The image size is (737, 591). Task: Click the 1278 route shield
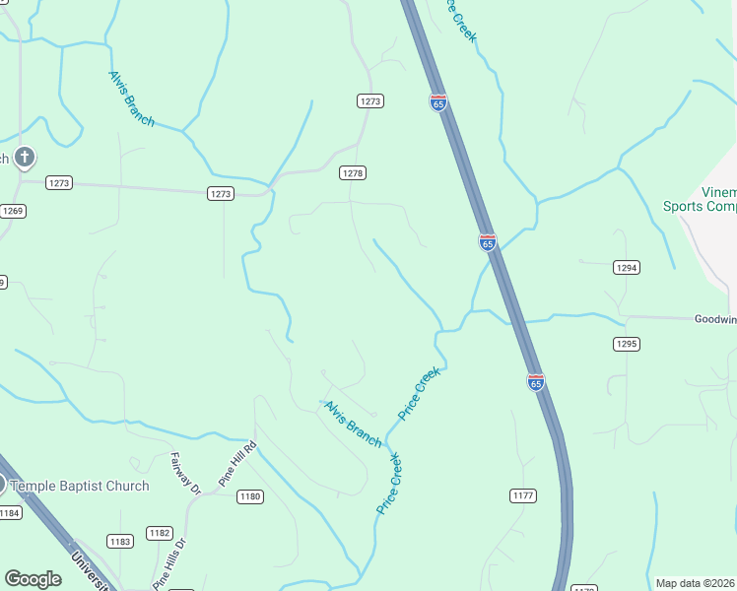pos(353,172)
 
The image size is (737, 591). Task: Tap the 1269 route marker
pos(13,211)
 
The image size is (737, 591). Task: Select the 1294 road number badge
pos(627,267)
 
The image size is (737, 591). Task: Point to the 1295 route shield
pos(627,344)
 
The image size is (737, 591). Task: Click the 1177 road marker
pos(523,494)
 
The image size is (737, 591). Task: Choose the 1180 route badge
pos(249,496)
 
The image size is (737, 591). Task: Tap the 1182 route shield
pos(160,533)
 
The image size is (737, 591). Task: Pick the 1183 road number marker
pos(120,542)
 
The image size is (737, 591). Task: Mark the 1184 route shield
pos(10,513)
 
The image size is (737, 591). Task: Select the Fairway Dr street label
pos(184,472)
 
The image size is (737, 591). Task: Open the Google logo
pos(33,579)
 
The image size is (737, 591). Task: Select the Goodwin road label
pos(714,319)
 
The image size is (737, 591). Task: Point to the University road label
pos(91,570)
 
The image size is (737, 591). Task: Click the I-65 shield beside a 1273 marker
pos(438,101)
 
